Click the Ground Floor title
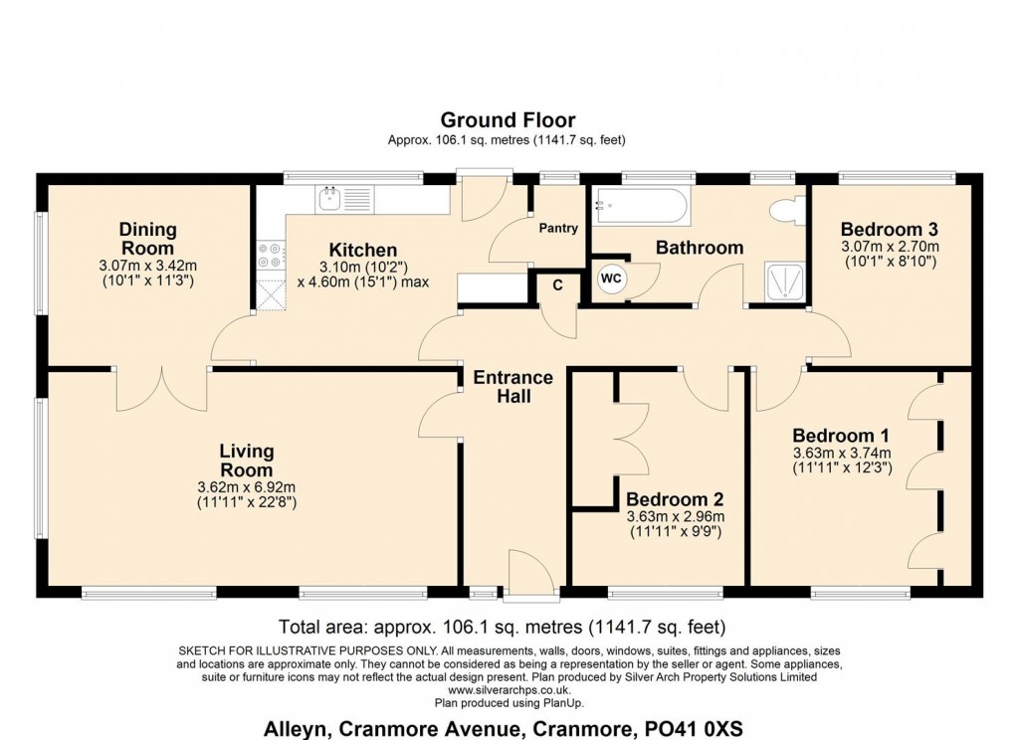pos(508,121)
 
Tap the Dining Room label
pos(147,239)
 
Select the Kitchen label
pos(363,250)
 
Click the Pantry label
pos(558,228)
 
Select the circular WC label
pos(611,278)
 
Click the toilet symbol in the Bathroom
pos(787,210)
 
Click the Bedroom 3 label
pos(890,227)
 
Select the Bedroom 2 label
pos(675,499)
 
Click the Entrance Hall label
pos(512,387)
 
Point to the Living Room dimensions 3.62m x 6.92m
pos(247,487)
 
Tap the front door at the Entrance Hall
pos(528,580)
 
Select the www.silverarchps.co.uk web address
pos(509,688)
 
